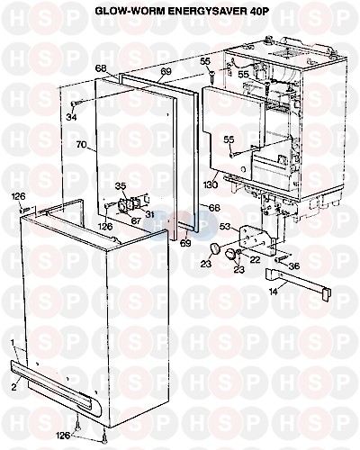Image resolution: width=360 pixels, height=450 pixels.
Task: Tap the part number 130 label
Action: (211, 184)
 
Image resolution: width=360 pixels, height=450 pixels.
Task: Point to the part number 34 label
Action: (71, 117)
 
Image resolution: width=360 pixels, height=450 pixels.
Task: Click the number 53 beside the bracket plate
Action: (227, 226)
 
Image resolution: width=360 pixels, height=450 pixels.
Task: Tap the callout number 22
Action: (255, 260)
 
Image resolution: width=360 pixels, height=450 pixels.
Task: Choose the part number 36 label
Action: (294, 265)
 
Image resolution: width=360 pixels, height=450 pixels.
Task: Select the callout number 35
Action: (121, 185)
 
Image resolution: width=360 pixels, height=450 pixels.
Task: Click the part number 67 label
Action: (135, 220)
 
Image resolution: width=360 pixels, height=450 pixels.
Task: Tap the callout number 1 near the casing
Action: (13, 342)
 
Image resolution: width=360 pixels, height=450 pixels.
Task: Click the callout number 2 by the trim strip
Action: (14, 387)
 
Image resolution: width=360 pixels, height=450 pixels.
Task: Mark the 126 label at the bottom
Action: (63, 435)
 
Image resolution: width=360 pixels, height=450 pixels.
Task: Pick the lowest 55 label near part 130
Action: (229, 139)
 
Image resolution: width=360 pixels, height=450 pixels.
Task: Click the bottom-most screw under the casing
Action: (104, 441)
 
